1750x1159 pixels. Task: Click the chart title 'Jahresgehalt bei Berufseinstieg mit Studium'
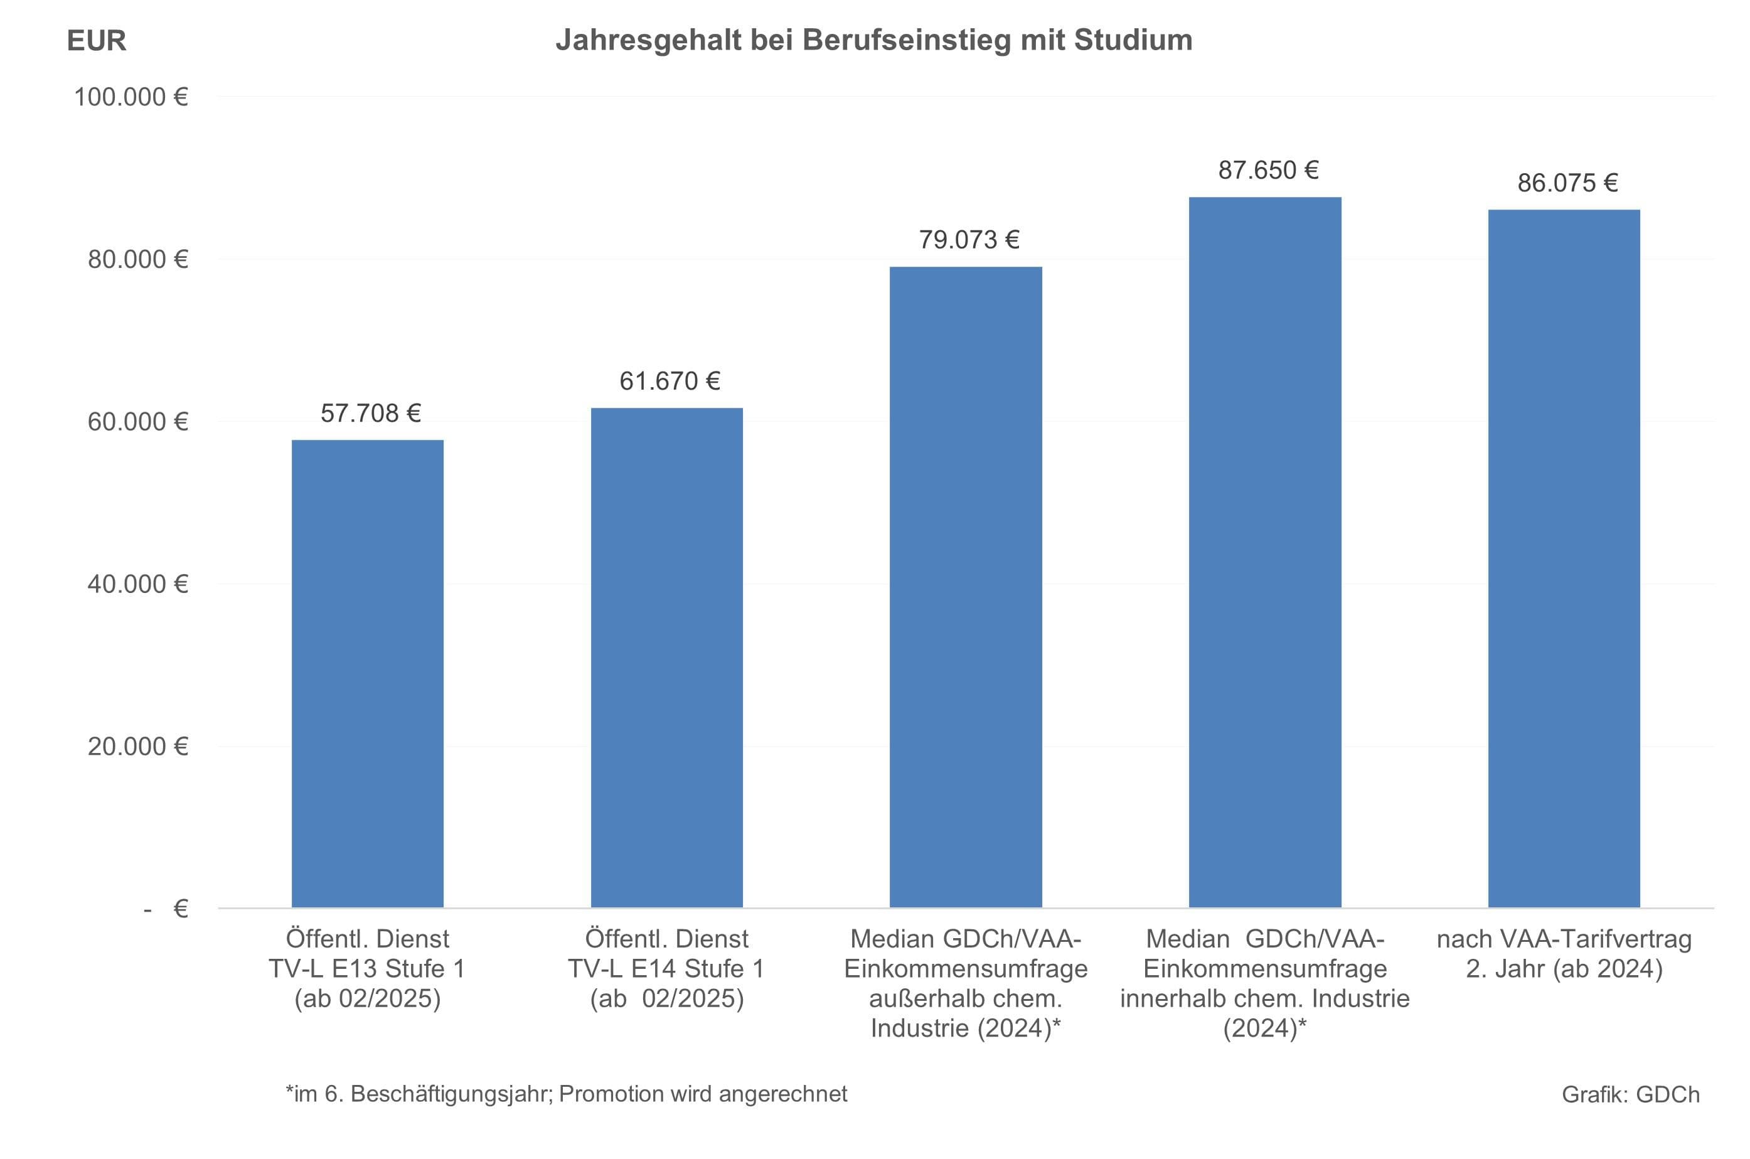[x=873, y=40]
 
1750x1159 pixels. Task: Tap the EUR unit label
[x=96, y=41]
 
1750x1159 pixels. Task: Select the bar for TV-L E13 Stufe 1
[x=367, y=673]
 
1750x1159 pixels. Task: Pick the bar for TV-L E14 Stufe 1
[x=666, y=658]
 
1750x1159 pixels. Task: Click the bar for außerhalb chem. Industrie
[x=965, y=587]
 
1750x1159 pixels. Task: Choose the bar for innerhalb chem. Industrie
[x=1264, y=552]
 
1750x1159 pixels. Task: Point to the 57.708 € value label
[x=370, y=413]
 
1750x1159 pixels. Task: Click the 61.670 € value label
[x=670, y=382]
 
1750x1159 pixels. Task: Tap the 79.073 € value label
[x=969, y=240]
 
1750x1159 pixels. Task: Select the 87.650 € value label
[x=1268, y=171]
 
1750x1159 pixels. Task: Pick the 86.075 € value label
[x=1567, y=183]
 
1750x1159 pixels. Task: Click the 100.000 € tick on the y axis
[x=131, y=97]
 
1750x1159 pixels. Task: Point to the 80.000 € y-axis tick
[x=137, y=259]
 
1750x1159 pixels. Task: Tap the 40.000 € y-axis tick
[x=137, y=584]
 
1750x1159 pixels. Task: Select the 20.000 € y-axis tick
[x=137, y=747]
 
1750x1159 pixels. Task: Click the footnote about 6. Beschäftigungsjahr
[x=566, y=1093]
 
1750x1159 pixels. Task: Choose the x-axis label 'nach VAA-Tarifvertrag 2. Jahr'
[x=1564, y=954]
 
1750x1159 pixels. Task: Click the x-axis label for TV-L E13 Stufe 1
[x=367, y=968]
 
